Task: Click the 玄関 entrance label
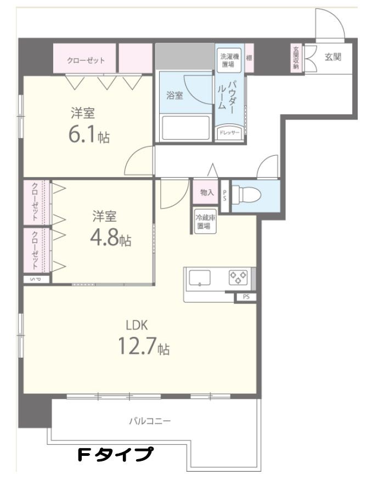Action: pos(332,57)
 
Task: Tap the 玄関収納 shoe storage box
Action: pos(296,58)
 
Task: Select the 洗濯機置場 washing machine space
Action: pos(229,60)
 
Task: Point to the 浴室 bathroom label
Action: pos(174,95)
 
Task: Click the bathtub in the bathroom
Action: pos(185,128)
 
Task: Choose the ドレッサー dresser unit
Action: pos(229,133)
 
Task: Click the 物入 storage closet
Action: pos(207,192)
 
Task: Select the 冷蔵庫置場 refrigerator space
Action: pos(206,222)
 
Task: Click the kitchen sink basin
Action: pos(200,278)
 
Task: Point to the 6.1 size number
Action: pos(82,134)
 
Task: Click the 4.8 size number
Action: pos(104,237)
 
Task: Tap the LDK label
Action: pos(137,325)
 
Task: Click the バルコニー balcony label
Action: pos(150,421)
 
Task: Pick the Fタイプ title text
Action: pos(115,455)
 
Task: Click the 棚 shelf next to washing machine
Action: pos(250,58)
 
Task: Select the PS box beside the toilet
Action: pos(224,196)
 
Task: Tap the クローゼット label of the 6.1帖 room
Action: pos(86,60)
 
